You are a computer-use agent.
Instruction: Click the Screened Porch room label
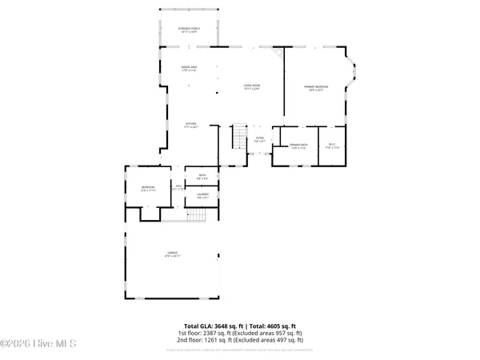190,30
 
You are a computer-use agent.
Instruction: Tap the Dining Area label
190,70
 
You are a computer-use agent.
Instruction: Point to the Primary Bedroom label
316,87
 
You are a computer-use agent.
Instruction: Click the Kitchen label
191,125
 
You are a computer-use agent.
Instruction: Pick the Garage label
173,256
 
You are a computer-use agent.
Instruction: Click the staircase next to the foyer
239,137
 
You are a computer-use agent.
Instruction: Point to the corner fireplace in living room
278,54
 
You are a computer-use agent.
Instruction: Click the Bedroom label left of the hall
136,188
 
